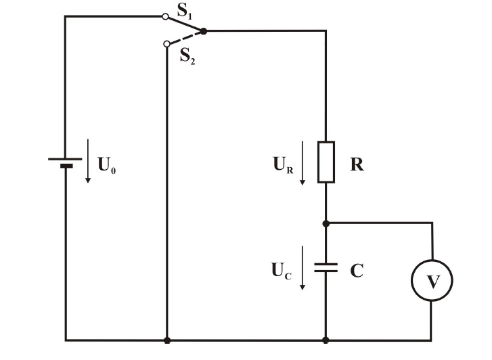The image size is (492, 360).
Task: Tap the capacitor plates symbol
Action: pos(326,267)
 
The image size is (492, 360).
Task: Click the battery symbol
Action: pos(65,162)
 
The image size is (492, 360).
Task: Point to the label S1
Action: pos(185,12)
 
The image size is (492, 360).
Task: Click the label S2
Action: pos(187,57)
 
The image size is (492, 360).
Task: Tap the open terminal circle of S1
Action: pos(165,17)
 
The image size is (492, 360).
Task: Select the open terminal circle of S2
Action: pos(167,43)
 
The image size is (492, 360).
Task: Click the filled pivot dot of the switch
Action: pos(204,31)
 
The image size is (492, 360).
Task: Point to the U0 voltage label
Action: pos(107,165)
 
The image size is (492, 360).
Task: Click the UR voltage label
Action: pos(283,165)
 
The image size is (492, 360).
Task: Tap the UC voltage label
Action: pos(281,271)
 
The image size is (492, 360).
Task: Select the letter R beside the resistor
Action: pos(357,164)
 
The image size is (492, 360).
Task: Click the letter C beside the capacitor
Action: pos(357,271)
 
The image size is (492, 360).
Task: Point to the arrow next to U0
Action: pos(88,160)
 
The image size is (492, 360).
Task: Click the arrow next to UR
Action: pos(303,162)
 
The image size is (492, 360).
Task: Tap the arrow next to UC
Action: pos(303,268)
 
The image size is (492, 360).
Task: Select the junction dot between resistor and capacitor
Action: pos(326,224)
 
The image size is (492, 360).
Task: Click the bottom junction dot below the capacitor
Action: pos(326,340)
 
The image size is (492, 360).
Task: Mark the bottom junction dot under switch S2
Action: pos(167,340)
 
